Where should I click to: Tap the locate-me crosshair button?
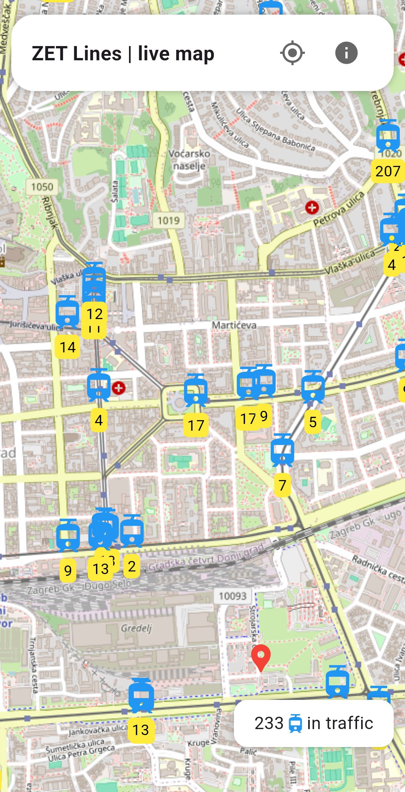pyautogui.click(x=292, y=53)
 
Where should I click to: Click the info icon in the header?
pyautogui.click(x=346, y=53)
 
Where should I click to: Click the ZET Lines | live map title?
pyautogui.click(x=123, y=54)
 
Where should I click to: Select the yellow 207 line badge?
pyautogui.click(x=388, y=172)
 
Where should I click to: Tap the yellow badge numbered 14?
pyautogui.click(x=67, y=348)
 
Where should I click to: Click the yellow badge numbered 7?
pyautogui.click(x=282, y=485)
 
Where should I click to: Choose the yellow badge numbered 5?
pyautogui.click(x=312, y=422)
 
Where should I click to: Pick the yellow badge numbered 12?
pyautogui.click(x=94, y=314)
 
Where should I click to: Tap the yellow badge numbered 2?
pyautogui.click(x=132, y=567)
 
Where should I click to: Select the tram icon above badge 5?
pyautogui.click(x=313, y=387)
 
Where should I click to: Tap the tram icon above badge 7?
pyautogui.click(x=282, y=450)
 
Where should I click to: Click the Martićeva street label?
pyautogui.click(x=234, y=325)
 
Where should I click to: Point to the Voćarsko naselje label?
pyautogui.click(x=189, y=160)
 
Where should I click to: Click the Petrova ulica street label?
pyautogui.click(x=339, y=209)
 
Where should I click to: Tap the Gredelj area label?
pyautogui.click(x=136, y=628)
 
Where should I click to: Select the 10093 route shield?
pyautogui.click(x=232, y=596)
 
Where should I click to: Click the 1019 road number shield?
pyautogui.click(x=168, y=221)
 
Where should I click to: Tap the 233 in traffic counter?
pyautogui.click(x=313, y=723)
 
